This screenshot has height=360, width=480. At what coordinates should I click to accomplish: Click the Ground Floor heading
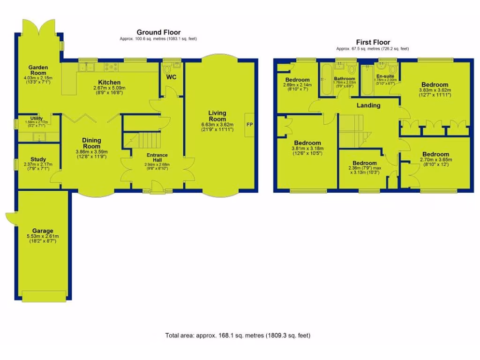coord(158,32)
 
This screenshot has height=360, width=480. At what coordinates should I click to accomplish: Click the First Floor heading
coord(372,43)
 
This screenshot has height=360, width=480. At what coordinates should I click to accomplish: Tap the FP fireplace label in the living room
coord(249,125)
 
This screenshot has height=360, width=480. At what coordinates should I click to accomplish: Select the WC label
coord(171,77)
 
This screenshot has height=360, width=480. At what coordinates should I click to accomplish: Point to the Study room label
coord(38,159)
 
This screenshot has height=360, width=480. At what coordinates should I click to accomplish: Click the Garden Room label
coord(37,70)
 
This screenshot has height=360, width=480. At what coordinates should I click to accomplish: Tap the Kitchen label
coord(109,82)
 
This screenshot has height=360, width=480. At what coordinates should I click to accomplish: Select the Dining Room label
coord(92,143)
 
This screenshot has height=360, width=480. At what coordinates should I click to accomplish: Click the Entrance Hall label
coord(157,158)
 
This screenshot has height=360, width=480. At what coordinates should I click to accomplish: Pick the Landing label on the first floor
coord(368,105)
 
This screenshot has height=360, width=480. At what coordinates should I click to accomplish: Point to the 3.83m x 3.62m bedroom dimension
coord(434,90)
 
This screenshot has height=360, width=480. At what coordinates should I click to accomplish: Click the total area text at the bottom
coord(238,336)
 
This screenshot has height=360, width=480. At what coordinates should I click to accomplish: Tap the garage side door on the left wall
coord(9,218)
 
